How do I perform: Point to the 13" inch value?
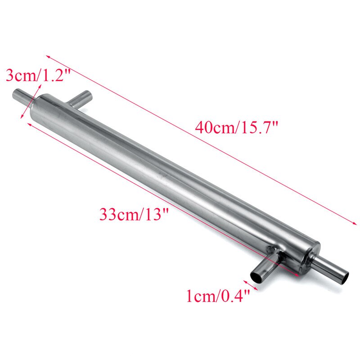155,214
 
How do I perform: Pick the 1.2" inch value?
56,75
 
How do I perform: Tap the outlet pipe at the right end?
331,268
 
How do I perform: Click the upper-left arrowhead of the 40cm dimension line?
47,58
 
